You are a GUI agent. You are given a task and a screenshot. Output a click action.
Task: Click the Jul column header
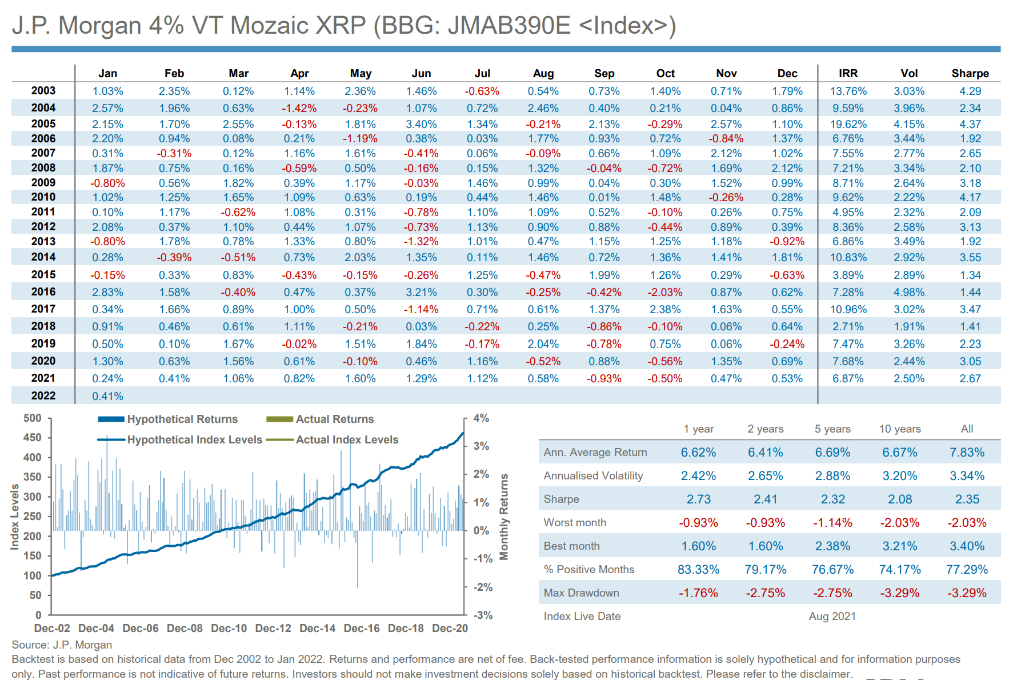click(x=482, y=73)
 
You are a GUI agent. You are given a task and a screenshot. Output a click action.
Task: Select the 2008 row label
click(x=43, y=167)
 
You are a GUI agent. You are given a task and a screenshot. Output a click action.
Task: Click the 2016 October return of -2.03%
click(x=665, y=292)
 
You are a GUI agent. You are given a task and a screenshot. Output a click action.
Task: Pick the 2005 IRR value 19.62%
click(x=848, y=124)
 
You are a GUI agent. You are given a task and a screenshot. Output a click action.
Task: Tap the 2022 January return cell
click(x=107, y=396)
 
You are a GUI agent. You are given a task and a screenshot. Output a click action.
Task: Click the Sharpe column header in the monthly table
click(x=970, y=73)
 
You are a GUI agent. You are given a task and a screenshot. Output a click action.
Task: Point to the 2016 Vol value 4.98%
click(x=908, y=292)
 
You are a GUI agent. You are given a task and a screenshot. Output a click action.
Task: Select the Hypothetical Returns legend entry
click(x=182, y=419)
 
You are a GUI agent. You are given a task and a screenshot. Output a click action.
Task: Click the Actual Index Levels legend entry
click(x=346, y=439)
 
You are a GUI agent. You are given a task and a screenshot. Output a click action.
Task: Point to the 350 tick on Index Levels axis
click(x=33, y=477)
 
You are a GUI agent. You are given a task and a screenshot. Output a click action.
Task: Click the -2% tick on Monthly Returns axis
click(x=483, y=587)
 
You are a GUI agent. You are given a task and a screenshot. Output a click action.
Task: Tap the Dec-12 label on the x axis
click(x=273, y=628)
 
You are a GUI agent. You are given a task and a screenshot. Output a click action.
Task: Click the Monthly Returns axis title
click(x=504, y=517)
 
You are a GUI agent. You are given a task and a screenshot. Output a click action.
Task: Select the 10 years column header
click(x=900, y=429)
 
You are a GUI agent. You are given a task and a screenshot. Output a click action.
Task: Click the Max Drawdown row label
click(x=581, y=593)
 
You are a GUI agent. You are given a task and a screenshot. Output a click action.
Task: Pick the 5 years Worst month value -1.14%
click(x=832, y=522)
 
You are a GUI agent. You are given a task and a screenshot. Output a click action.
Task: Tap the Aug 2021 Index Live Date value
click(x=832, y=616)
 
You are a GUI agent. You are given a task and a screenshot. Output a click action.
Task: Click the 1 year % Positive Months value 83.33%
click(x=698, y=569)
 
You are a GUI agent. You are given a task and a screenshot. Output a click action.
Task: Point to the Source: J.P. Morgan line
click(x=62, y=645)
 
